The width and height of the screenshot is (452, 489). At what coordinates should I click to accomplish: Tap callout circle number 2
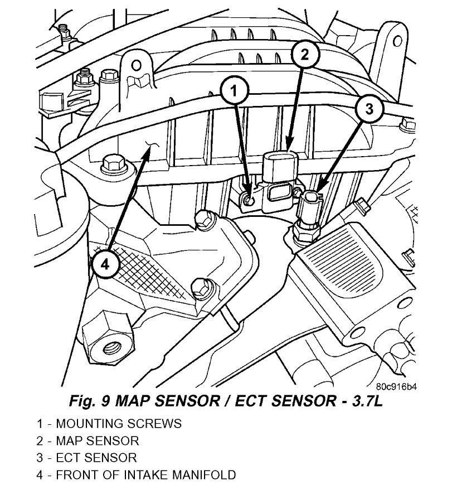(x=304, y=54)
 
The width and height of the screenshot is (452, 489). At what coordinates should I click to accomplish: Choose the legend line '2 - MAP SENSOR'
(x=88, y=440)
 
